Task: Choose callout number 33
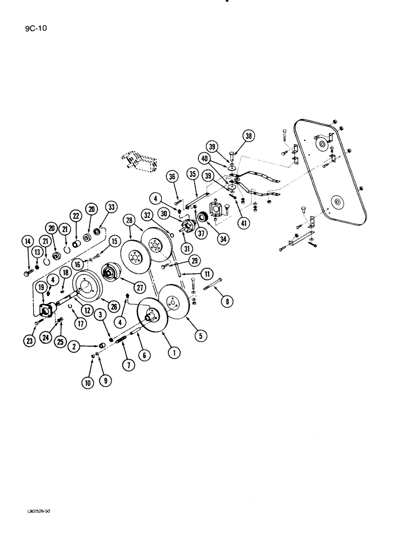[111, 207]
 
